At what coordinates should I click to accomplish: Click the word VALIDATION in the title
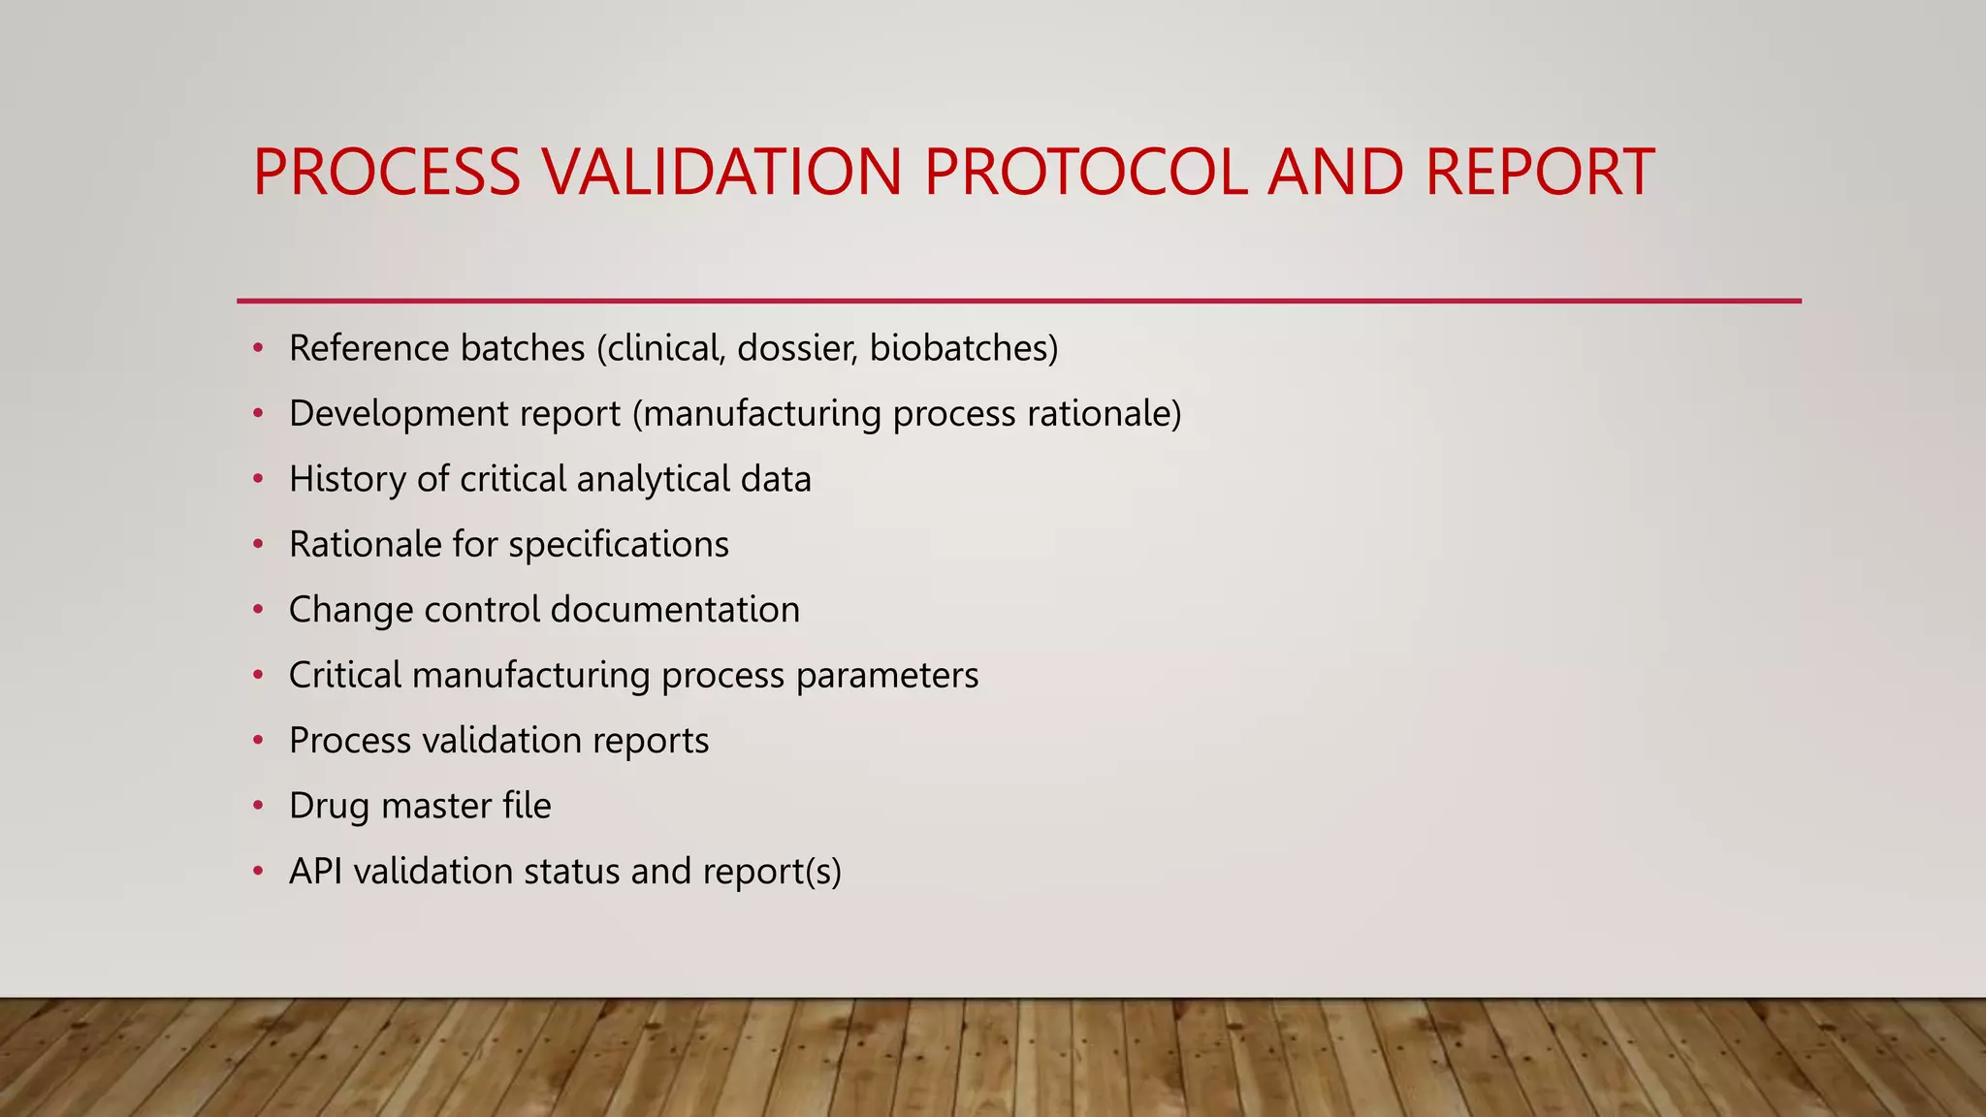point(721,173)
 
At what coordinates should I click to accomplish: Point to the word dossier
point(797,348)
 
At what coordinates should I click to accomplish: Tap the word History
point(347,479)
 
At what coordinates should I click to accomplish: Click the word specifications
point(619,545)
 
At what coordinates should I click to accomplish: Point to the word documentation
point(675,610)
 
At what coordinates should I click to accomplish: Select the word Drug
point(329,806)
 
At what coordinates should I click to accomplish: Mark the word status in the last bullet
point(571,871)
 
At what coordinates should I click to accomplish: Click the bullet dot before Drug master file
point(258,806)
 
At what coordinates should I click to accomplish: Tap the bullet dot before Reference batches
point(258,348)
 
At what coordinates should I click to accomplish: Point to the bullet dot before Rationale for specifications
point(258,545)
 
